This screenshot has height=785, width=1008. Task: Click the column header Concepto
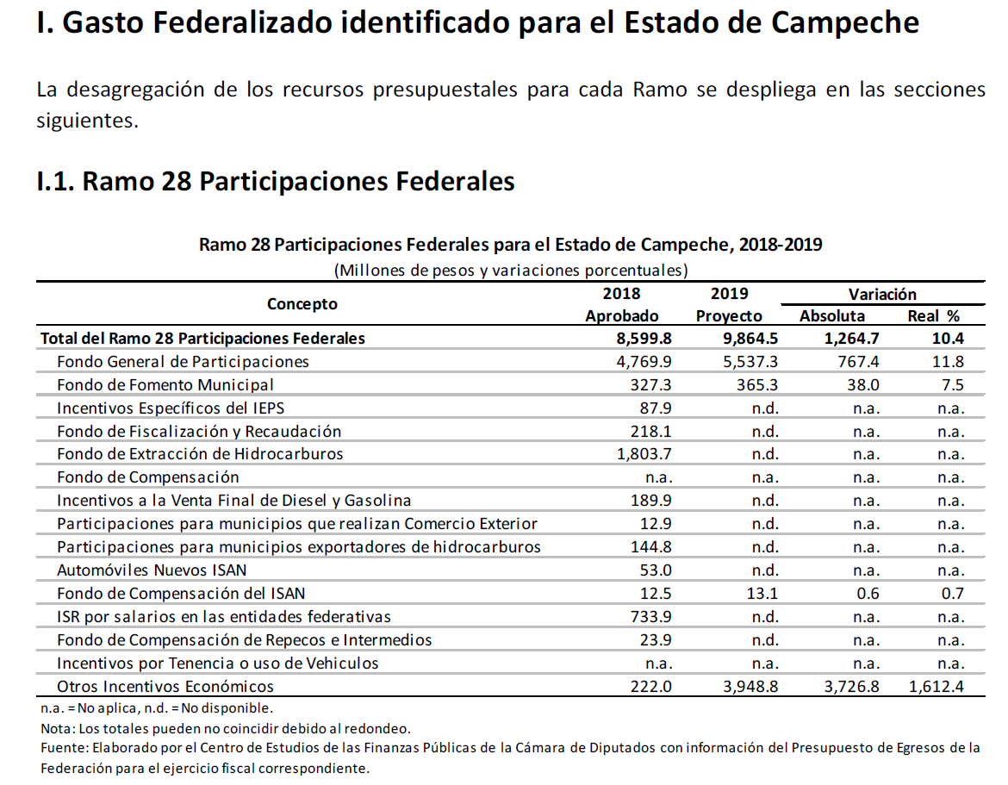click(302, 304)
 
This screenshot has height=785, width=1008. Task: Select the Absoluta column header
click(832, 316)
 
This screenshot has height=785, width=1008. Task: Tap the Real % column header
click(933, 316)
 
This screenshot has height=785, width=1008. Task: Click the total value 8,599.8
click(644, 339)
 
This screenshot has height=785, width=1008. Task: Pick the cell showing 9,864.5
click(750, 339)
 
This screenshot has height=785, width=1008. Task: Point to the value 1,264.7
click(852, 339)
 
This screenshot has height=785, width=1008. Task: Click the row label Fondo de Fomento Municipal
click(165, 385)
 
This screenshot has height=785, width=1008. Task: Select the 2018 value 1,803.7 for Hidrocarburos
click(644, 454)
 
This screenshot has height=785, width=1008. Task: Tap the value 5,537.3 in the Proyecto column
click(750, 362)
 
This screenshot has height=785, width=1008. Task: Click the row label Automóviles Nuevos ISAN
click(152, 570)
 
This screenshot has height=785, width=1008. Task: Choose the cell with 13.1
click(762, 594)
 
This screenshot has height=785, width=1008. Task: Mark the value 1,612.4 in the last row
click(936, 687)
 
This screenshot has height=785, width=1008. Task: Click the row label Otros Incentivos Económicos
click(165, 687)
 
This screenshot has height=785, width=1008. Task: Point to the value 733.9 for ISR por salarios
click(650, 617)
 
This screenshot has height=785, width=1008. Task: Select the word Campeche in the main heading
click(844, 23)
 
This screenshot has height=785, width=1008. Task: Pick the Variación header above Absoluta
click(882, 295)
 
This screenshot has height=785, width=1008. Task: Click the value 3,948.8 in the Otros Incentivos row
click(750, 687)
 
